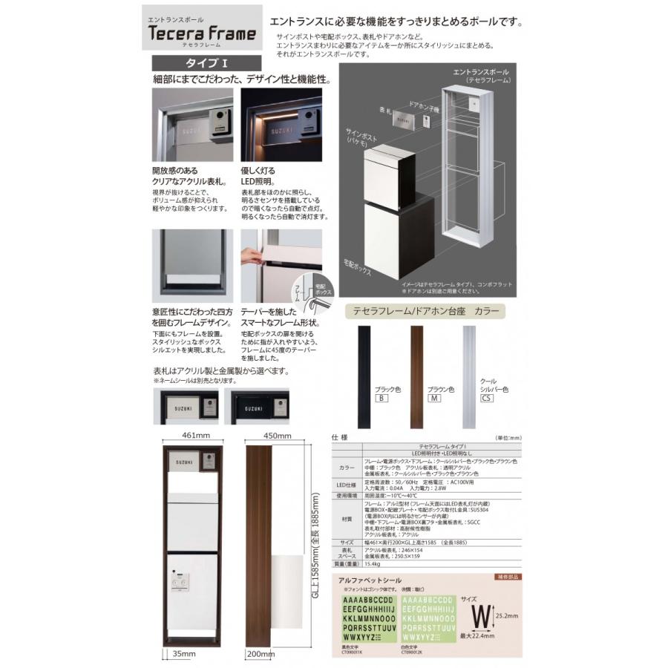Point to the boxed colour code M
coord(434,399)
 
